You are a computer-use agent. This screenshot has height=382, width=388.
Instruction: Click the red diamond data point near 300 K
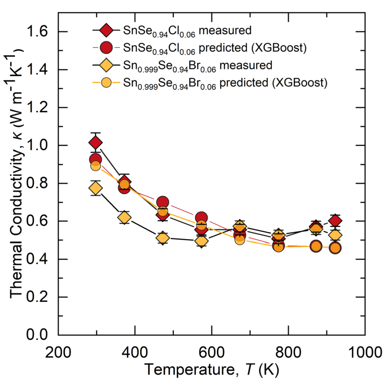(96, 143)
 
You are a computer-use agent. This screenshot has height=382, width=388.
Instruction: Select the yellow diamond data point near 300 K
(96, 189)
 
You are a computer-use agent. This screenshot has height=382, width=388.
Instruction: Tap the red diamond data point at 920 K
(335, 221)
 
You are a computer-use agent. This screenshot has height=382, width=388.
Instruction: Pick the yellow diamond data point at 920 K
(335, 235)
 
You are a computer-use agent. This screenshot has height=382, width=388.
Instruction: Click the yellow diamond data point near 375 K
(124, 218)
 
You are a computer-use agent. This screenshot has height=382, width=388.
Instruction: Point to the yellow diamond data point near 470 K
(162, 238)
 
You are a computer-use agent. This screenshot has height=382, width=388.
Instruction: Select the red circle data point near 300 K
(96, 159)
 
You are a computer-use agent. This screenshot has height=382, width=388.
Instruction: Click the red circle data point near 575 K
(202, 218)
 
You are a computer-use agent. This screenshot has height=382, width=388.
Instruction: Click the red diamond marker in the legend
(106, 30)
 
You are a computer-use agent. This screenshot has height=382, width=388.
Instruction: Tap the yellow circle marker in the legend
(106, 82)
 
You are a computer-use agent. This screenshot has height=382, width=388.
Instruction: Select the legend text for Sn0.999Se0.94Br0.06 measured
(198, 66)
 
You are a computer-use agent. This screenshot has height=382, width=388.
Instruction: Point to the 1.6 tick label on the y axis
(37, 32)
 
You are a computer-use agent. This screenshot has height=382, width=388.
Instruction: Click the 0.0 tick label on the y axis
(37, 335)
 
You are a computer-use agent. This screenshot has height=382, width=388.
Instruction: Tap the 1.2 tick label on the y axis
(37, 107)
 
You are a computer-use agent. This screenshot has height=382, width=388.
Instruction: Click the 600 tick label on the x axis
(212, 352)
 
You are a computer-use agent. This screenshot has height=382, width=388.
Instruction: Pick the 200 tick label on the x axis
(58, 352)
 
